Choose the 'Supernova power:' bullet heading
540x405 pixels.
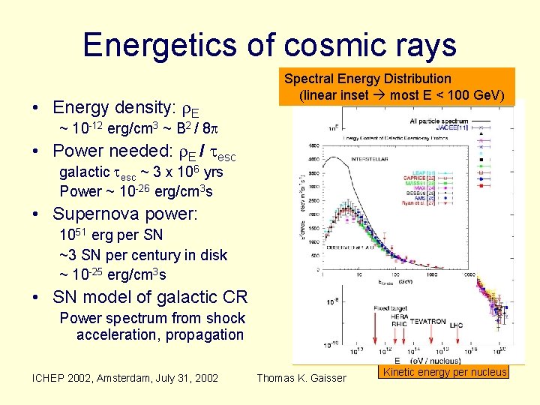(x=124, y=214)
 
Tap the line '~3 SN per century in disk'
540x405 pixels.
(x=143, y=255)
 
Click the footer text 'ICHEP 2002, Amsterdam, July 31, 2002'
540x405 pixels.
(x=125, y=377)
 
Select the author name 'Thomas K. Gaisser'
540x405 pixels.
(x=301, y=377)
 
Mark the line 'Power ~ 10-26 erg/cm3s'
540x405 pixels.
(x=136, y=191)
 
